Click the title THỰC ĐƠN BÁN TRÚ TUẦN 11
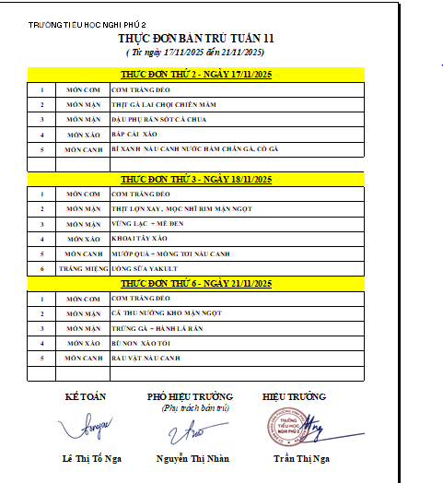(196, 39)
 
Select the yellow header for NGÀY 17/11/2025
(196, 74)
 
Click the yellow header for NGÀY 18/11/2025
(196, 179)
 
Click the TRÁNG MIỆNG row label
(83, 268)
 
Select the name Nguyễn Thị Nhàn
(192, 458)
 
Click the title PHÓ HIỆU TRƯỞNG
(190, 396)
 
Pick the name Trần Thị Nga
(301, 458)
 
